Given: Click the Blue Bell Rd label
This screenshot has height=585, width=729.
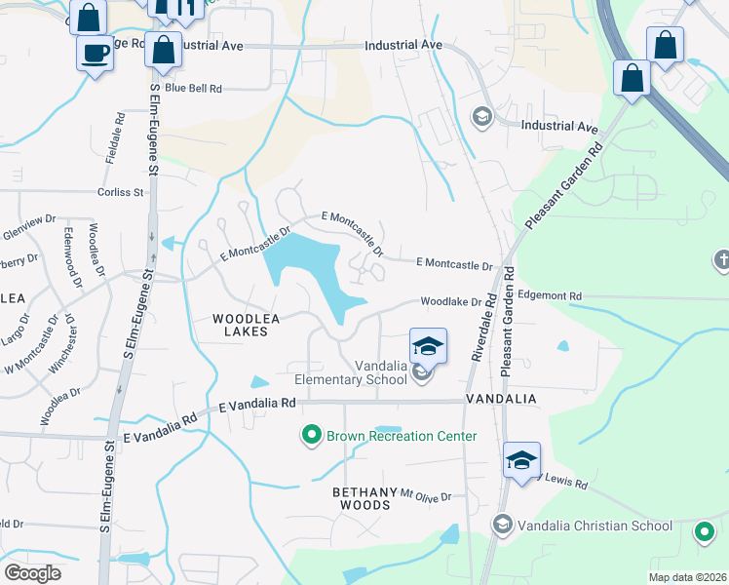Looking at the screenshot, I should pyautogui.click(x=193, y=89).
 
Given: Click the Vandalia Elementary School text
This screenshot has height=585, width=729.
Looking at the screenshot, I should pyautogui.click(x=352, y=372).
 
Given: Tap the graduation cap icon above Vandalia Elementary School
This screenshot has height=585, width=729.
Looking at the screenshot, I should pyautogui.click(x=428, y=346).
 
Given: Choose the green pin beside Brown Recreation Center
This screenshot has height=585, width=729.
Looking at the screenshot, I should pyautogui.click(x=312, y=436).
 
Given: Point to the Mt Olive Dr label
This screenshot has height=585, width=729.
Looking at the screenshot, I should pyautogui.click(x=427, y=496).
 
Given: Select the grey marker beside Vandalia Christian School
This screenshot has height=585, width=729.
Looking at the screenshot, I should pyautogui.click(x=502, y=526).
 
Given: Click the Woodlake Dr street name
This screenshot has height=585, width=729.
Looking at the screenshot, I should pyautogui.click(x=451, y=302).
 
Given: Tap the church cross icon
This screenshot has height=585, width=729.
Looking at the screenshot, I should pyautogui.click(x=721, y=259).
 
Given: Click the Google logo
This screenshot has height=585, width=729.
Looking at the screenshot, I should pyautogui.click(x=32, y=573).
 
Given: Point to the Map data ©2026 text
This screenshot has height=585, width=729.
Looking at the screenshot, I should pyautogui.click(x=686, y=577).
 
